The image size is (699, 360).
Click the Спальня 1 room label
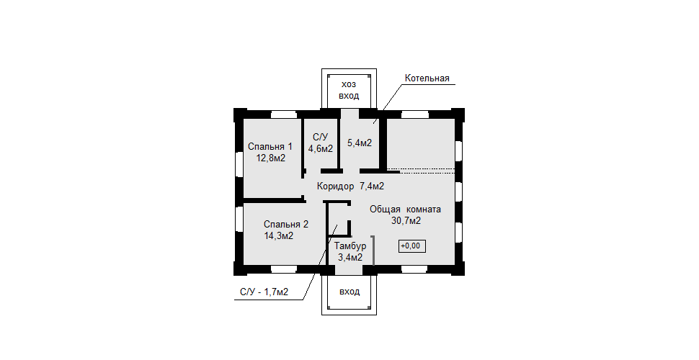(270, 146)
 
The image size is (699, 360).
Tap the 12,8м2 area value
(271, 158)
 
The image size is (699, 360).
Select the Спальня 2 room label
(286, 224)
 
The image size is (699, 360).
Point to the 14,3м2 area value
(279, 235)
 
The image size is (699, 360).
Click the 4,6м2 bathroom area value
(321, 148)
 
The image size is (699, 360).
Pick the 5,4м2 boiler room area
(360, 143)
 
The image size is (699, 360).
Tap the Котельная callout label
(427, 78)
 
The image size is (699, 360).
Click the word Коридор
(336, 186)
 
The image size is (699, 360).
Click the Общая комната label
(405, 209)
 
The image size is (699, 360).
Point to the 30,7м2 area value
(406, 220)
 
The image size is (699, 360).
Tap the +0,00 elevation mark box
(412, 246)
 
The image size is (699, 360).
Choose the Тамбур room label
(350, 246)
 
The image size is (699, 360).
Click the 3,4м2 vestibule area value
(350, 257)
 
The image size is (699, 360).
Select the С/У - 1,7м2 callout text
(264, 292)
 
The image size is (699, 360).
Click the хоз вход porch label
(349, 90)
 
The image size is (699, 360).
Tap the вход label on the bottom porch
(349, 292)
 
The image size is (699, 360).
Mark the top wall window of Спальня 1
(284, 114)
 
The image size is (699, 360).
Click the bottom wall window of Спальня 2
(284, 269)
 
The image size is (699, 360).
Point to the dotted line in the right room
(421, 169)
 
